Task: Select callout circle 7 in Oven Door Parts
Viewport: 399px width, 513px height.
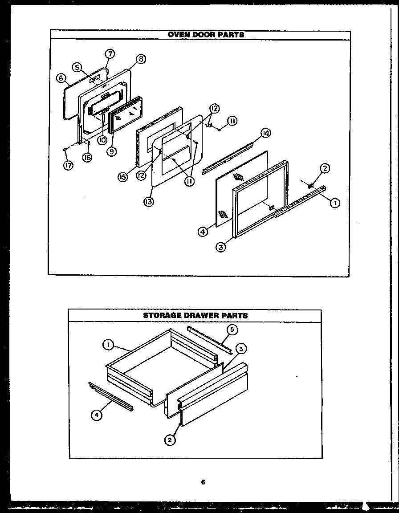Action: [110, 54]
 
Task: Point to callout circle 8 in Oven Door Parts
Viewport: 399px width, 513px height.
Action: [142, 58]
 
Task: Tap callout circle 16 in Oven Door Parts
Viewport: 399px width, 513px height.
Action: [87, 157]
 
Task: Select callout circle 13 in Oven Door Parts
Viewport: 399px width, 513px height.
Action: [148, 203]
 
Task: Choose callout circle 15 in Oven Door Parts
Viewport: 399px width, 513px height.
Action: [122, 177]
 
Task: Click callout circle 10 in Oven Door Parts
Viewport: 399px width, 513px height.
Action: [102, 140]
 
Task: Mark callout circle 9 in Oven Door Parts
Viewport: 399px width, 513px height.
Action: [111, 151]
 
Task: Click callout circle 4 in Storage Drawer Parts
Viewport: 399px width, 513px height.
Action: [96, 415]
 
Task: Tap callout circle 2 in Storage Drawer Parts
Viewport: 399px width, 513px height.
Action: [169, 440]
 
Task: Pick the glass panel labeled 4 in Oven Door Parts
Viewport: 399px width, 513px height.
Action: [240, 187]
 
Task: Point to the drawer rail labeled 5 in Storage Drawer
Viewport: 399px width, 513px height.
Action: [209, 340]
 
